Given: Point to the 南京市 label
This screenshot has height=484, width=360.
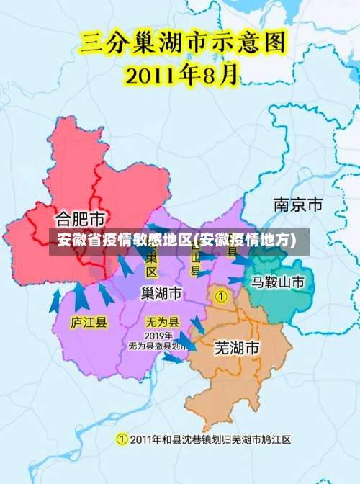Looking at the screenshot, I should point(298,205).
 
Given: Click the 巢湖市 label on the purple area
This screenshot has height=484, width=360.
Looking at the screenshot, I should point(161,294).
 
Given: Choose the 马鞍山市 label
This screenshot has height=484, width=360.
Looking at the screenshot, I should point(278,282).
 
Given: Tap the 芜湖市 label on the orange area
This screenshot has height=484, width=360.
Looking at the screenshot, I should point(237,348).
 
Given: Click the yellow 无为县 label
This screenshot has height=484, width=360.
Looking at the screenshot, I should point(162,322).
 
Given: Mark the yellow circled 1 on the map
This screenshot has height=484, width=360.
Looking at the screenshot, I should point(222,296).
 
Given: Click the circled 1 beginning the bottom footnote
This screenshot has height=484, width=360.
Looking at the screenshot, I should point(122,439).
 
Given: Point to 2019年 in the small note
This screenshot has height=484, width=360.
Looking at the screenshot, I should point(158,336).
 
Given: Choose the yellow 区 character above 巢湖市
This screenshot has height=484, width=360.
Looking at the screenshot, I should point(152,272).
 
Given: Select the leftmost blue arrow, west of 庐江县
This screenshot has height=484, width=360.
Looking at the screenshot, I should point(55,301).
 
